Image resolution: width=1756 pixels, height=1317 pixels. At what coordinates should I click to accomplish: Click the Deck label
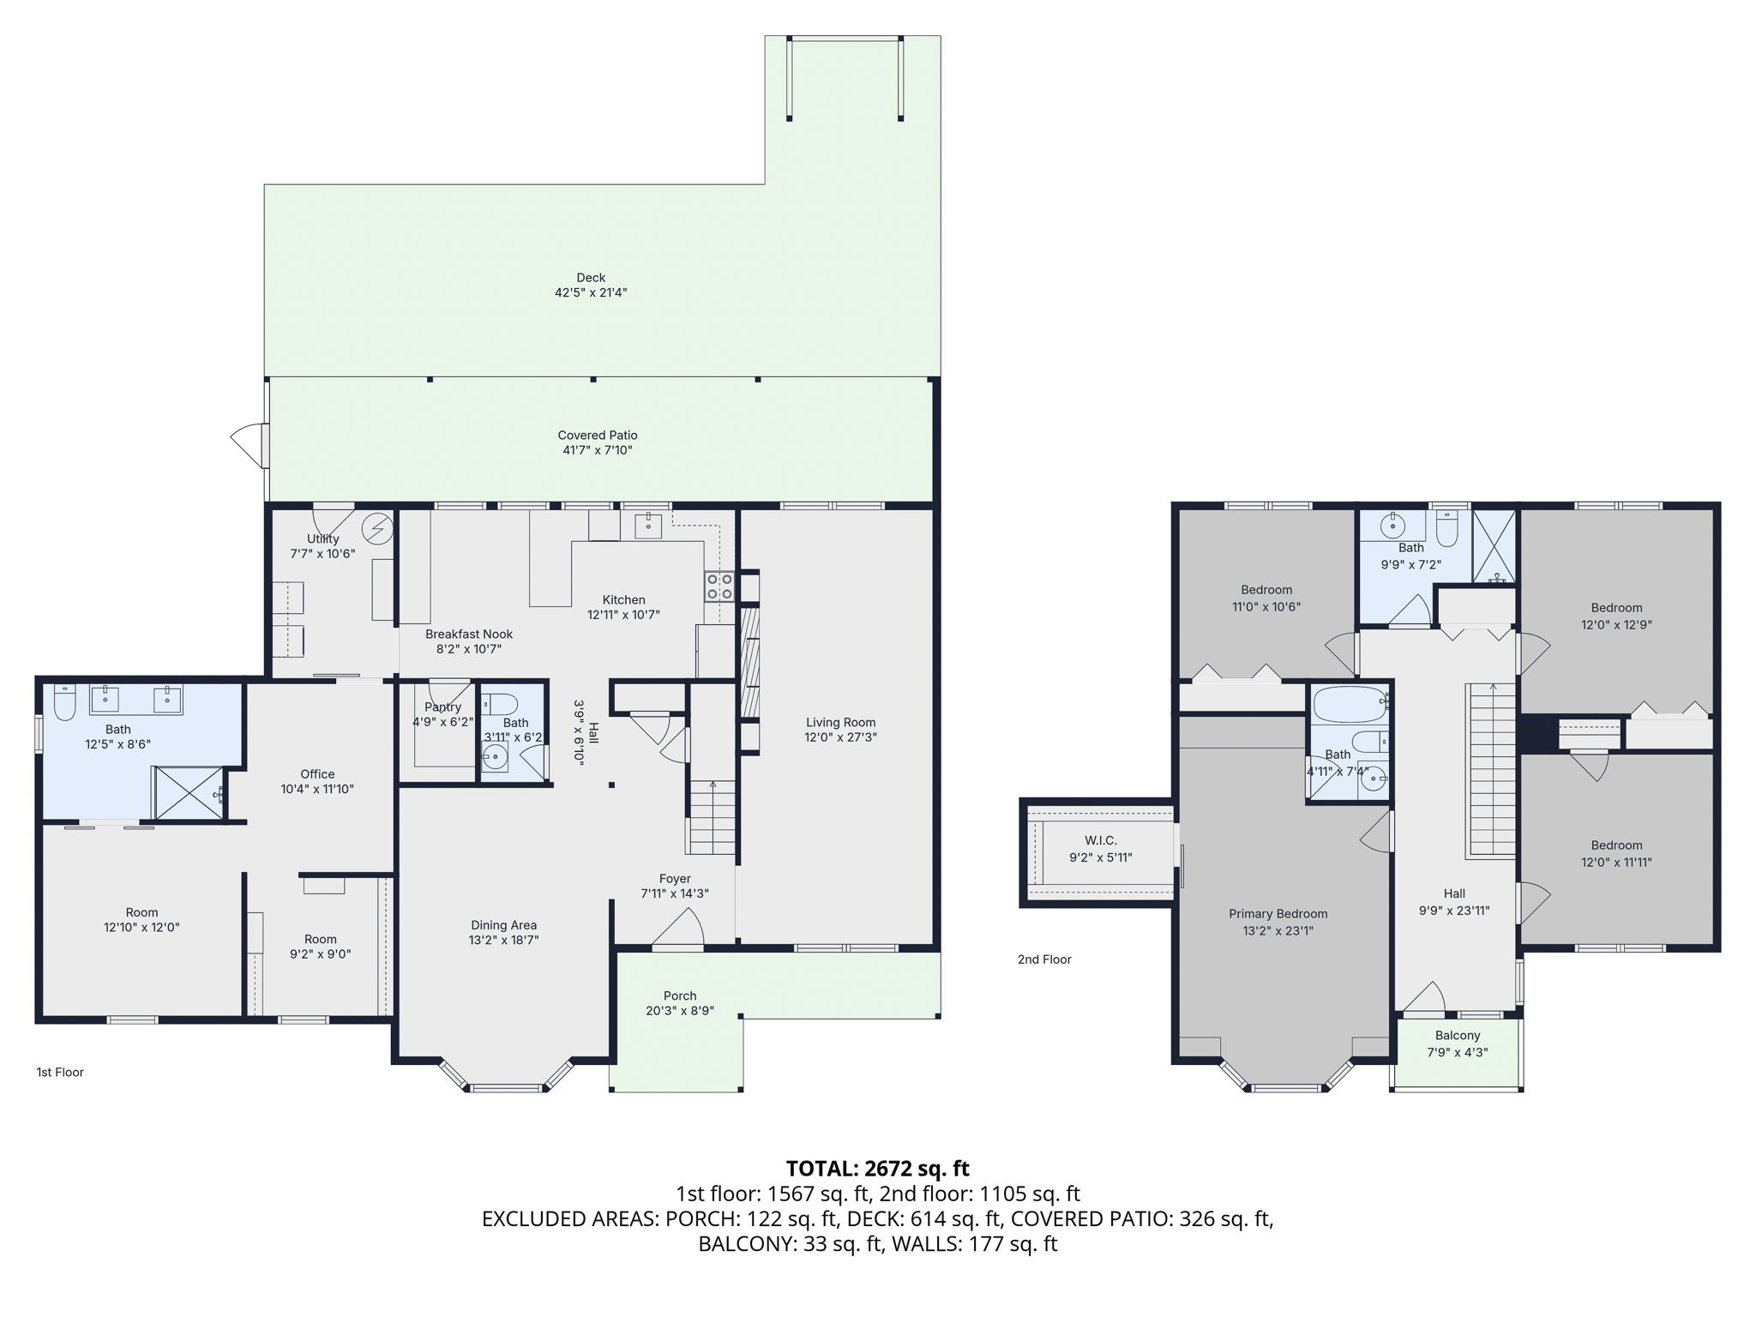tap(591, 278)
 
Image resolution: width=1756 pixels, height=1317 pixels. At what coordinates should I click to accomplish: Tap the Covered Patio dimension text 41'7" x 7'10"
tap(598, 450)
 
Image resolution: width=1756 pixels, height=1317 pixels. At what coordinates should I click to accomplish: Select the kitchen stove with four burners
tap(719, 586)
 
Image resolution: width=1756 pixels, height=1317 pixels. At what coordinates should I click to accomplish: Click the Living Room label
tap(840, 722)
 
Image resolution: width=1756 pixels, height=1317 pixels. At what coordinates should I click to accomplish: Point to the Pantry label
tap(442, 707)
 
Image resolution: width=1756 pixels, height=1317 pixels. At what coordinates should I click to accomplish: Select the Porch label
tap(680, 995)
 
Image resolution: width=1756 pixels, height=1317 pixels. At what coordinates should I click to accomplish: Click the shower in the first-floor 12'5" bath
tap(189, 793)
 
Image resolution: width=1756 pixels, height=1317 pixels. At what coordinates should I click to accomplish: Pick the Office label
tap(317, 774)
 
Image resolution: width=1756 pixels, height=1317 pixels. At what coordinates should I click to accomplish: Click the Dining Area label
tap(504, 925)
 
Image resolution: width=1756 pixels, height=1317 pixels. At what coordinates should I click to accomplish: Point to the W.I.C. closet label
tap(1100, 840)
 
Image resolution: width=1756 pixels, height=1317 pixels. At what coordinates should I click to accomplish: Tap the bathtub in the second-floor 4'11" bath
tap(1350, 705)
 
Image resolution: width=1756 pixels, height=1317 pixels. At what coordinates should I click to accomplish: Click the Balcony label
tap(1458, 1036)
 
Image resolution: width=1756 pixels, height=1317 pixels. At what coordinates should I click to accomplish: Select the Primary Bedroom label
tap(1278, 914)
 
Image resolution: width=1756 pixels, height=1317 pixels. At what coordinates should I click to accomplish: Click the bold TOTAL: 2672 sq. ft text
tap(878, 1169)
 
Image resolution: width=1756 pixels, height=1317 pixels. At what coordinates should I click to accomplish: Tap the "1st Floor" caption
tap(60, 1072)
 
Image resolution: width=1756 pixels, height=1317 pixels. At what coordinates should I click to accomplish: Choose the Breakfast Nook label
tap(469, 634)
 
